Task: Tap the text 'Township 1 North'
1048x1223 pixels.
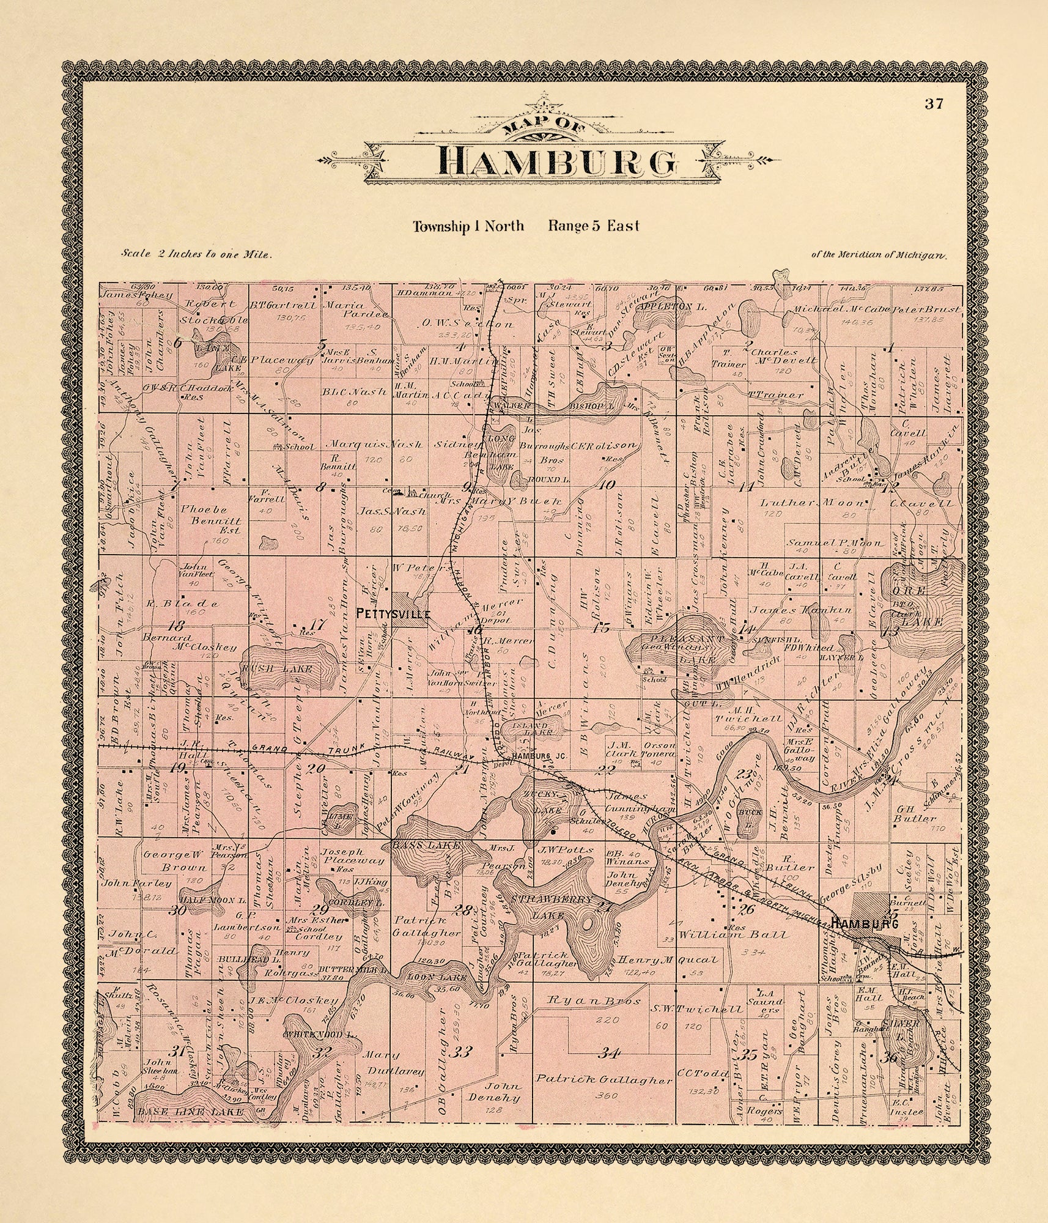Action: pos(468,226)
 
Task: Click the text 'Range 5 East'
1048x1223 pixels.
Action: pos(594,226)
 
